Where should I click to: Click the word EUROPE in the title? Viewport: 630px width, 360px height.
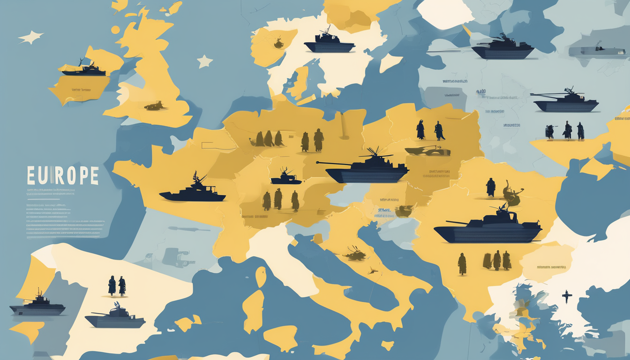[62, 175]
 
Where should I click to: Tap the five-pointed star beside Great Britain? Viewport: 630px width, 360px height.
[204, 61]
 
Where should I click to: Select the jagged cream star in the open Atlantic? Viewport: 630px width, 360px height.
[30, 37]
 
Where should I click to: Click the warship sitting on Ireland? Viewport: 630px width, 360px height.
[84, 69]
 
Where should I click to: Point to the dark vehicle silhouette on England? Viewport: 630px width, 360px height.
[155, 106]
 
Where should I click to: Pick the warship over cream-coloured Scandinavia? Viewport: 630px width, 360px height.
[329, 43]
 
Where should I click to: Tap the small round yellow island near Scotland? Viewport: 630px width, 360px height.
[115, 29]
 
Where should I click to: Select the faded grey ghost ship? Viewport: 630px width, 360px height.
[596, 50]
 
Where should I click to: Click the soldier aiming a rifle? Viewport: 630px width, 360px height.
[550, 132]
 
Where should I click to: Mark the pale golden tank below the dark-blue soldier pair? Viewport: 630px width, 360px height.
[427, 150]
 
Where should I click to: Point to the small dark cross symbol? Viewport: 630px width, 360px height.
[567, 296]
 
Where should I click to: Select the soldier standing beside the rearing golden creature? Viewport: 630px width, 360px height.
[491, 187]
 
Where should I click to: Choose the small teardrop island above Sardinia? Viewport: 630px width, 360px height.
[261, 276]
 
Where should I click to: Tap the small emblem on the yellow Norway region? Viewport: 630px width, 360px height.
[279, 44]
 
